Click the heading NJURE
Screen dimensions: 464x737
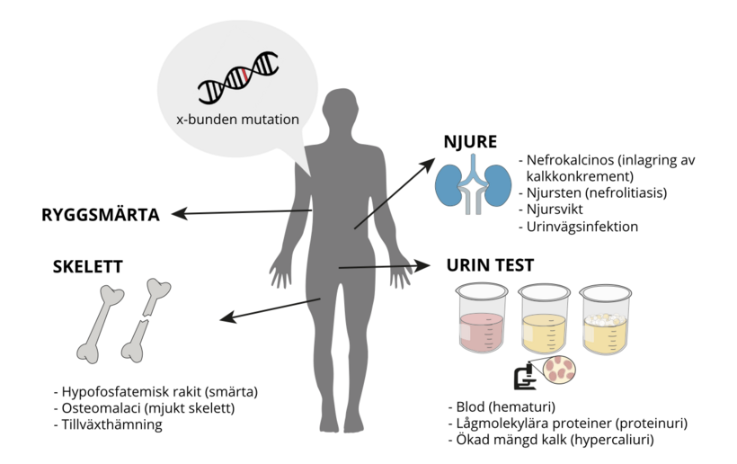click(470, 141)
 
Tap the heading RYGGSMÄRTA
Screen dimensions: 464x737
click(101, 215)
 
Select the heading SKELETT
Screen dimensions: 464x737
click(87, 266)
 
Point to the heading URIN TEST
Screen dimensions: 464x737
click(490, 265)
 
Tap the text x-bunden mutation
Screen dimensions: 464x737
click(238, 119)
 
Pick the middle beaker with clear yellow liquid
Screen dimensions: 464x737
click(545, 321)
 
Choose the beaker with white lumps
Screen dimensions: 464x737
click(605, 321)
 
